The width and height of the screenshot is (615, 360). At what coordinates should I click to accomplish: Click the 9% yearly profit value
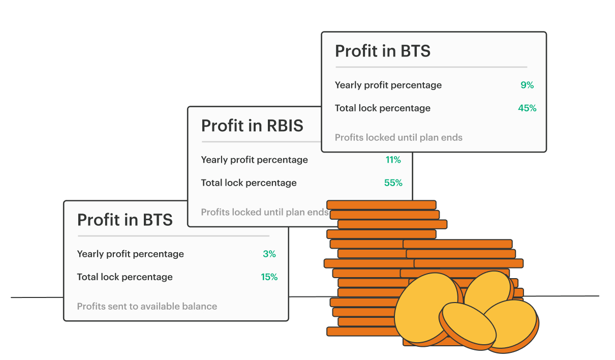pyautogui.click(x=527, y=85)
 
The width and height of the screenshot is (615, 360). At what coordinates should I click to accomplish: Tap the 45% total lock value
pyautogui.click(x=527, y=108)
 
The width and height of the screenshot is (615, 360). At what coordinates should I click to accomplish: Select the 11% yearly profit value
pyautogui.click(x=393, y=160)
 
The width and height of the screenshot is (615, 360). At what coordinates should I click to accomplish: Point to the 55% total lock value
pyautogui.click(x=393, y=183)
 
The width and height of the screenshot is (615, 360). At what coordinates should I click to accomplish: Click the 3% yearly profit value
pyautogui.click(x=269, y=254)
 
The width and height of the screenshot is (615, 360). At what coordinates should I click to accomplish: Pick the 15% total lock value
pyautogui.click(x=269, y=277)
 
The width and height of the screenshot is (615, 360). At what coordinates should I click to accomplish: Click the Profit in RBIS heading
pyautogui.click(x=252, y=126)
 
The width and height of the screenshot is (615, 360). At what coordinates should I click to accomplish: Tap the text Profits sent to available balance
pyautogui.click(x=147, y=306)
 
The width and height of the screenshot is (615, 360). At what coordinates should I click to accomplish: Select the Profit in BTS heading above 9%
pyautogui.click(x=383, y=51)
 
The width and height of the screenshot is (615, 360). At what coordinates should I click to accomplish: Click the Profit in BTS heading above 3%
pyautogui.click(x=125, y=220)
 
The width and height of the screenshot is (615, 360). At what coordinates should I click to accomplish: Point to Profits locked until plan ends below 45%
pyautogui.click(x=398, y=138)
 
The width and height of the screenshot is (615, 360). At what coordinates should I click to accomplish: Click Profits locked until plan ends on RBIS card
pyautogui.click(x=265, y=212)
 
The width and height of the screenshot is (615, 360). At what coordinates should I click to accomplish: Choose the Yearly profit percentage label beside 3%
pyautogui.click(x=131, y=254)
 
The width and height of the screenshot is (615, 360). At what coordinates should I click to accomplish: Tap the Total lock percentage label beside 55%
pyautogui.click(x=249, y=183)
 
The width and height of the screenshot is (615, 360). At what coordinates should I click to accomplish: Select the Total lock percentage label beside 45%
pyautogui.click(x=383, y=108)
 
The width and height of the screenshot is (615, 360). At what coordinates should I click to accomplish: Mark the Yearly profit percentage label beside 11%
pyautogui.click(x=255, y=160)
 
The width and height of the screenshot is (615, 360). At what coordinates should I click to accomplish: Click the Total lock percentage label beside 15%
pyautogui.click(x=125, y=277)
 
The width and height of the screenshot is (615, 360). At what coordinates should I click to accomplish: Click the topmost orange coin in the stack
pyautogui.click(x=381, y=205)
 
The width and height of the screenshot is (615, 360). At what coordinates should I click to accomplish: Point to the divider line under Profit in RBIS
pyautogui.click(x=261, y=142)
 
